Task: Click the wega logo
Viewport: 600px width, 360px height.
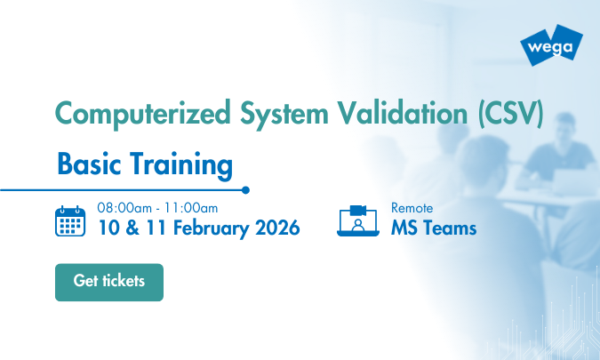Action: coord(553,44)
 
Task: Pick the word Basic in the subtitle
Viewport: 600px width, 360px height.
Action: coord(87,164)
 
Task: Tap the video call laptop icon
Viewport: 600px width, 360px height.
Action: coord(359,220)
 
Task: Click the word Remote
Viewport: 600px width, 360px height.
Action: coord(412,208)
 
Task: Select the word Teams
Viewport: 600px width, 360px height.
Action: coord(450,228)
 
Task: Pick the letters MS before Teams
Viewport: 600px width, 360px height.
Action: coord(404,228)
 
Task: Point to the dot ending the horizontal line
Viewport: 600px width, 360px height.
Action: coord(245,189)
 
